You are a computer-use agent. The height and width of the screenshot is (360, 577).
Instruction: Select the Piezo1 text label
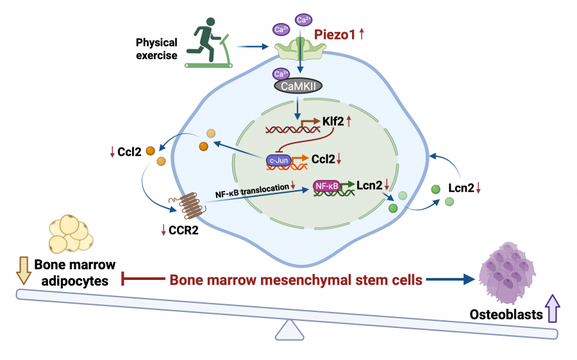pyautogui.click(x=334, y=35)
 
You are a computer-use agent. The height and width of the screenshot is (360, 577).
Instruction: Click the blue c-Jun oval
pyautogui.click(x=279, y=160)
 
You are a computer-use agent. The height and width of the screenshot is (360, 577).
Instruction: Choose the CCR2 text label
pyautogui.click(x=183, y=230)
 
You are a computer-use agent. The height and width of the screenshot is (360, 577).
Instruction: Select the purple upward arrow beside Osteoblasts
pyautogui.click(x=552, y=307)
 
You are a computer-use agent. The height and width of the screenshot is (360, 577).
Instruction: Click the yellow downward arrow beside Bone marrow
pyautogui.click(x=22, y=269)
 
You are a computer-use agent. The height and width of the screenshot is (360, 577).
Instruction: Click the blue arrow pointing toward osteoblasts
pyautogui.click(x=449, y=279)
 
